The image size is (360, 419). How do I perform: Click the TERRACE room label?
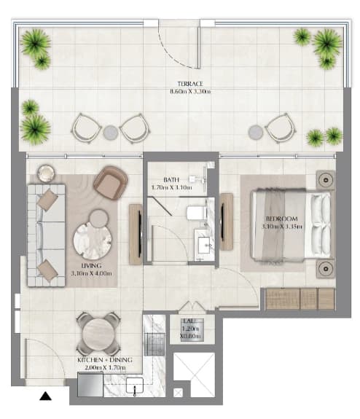tap(190, 84)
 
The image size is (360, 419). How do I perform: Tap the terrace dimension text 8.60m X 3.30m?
tap(190, 91)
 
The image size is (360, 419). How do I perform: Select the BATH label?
tap(171, 179)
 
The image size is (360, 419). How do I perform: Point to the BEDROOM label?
tap(282, 219)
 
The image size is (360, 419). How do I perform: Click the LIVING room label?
tap(91, 266)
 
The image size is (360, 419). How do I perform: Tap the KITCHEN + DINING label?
tap(105, 360)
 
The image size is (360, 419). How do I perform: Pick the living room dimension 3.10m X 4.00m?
tap(91, 273)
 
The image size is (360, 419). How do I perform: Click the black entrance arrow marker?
tap(45, 396)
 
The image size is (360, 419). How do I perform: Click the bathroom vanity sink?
tap(204, 245)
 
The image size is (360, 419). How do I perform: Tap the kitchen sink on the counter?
tap(135, 385)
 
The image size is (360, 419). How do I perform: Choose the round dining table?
tap(98, 334)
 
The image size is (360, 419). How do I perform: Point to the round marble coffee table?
tap(93, 240)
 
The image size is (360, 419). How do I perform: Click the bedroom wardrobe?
tap(300, 299)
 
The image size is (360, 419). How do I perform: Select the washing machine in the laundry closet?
tap(192, 330)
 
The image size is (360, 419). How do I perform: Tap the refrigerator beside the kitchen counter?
tap(90, 384)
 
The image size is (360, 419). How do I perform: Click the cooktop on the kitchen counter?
tap(154, 344)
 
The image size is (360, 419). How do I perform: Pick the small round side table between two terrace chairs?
tap(111, 133)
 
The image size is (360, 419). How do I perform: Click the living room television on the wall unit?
tap(140, 234)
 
